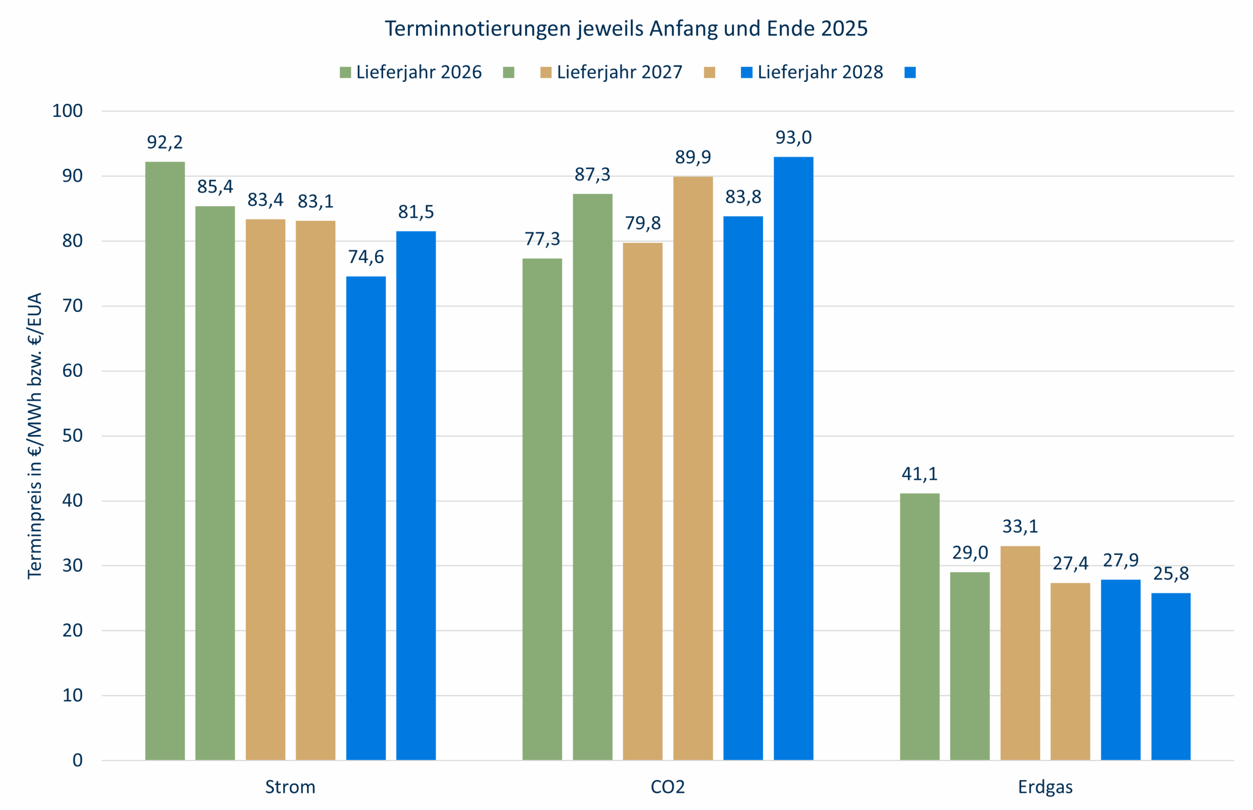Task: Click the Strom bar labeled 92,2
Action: pos(164,460)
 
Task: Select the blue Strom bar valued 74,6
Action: pos(366,518)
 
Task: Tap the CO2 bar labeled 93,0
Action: pos(793,458)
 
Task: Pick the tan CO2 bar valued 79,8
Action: pos(642,501)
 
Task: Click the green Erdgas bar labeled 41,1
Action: pos(920,626)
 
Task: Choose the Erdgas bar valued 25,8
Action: pos(1170,676)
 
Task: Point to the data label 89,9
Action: pos(693,157)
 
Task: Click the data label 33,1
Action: pos(1020,527)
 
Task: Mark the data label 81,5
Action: pos(416,212)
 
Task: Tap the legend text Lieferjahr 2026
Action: pos(418,72)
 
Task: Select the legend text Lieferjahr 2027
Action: pos(619,72)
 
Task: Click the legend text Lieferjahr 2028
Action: pos(819,72)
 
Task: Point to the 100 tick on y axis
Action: pos(68,111)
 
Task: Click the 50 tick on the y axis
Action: pos(72,436)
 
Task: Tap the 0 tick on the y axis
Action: pos(77,760)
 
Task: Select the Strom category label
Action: pos(290,787)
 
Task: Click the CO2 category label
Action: pos(668,787)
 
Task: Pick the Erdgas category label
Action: pos(1044,787)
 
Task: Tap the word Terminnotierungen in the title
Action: pos(478,28)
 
